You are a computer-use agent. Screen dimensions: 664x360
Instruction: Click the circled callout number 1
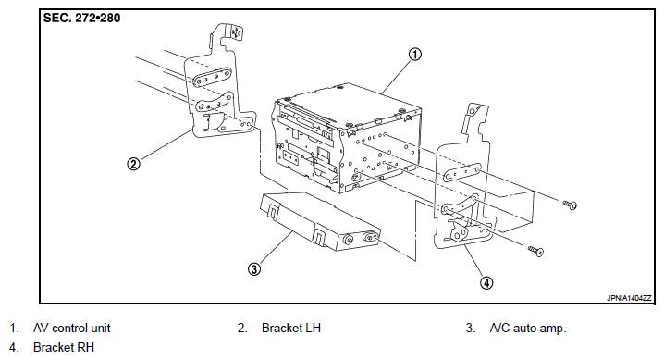point(415,55)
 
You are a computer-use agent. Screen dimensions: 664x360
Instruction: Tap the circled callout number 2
point(133,164)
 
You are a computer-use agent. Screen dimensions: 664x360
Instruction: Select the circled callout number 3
point(254,268)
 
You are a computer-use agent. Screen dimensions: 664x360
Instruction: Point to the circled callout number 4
point(486,282)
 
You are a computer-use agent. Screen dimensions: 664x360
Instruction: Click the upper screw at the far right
point(570,205)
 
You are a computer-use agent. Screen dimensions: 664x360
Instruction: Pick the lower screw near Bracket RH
point(536,251)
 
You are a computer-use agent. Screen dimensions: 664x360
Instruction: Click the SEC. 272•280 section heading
point(81,18)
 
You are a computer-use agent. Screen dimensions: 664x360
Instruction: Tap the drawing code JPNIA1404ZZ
point(629,298)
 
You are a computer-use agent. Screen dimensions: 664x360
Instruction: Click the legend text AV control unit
point(71,328)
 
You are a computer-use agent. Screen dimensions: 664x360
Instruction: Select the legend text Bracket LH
point(291,328)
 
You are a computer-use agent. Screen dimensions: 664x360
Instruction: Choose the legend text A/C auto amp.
point(528,328)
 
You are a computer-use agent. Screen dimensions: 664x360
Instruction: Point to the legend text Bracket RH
point(64,347)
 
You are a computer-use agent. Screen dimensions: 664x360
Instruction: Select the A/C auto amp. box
point(320,221)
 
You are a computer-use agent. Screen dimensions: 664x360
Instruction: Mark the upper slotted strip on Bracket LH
point(212,78)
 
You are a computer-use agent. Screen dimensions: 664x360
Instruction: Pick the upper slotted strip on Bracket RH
point(461,173)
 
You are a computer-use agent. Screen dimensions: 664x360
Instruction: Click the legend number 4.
point(14,347)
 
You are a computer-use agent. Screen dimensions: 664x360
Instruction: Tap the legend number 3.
point(471,328)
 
